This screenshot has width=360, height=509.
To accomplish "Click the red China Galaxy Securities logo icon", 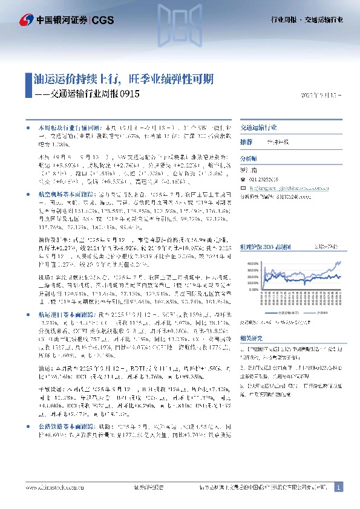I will [x=26, y=20].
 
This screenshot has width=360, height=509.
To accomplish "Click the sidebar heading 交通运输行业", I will [x=258, y=128].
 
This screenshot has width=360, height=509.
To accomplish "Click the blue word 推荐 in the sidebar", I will [x=246, y=141].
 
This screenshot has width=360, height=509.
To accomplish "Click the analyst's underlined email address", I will [x=284, y=187].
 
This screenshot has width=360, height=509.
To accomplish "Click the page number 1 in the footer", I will [x=339, y=487].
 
